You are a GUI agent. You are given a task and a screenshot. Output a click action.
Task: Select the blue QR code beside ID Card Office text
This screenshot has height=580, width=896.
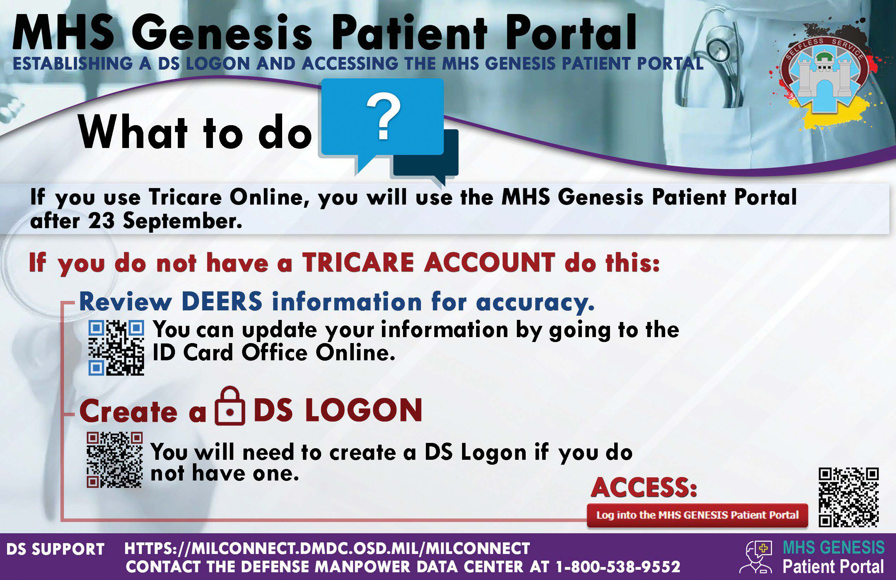pos(116,348)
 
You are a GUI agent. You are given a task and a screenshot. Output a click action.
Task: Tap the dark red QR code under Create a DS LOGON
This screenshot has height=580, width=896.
pos(115,460)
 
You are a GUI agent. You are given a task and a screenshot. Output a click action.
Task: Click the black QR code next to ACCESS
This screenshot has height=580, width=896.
pos(849,497)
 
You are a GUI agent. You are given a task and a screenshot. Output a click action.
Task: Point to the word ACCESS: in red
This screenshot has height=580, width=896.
pos(644,488)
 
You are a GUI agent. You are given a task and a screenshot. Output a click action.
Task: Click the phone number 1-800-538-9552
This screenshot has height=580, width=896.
pos(618,566)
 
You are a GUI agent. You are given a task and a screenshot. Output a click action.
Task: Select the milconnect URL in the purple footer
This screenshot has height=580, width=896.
pos(327,548)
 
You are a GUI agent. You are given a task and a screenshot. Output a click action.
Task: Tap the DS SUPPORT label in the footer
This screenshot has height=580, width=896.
pos(56,549)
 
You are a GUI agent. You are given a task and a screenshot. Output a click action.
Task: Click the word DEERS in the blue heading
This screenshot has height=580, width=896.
pos(222,301)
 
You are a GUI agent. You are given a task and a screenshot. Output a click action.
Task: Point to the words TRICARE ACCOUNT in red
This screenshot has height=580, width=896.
pos(429,263)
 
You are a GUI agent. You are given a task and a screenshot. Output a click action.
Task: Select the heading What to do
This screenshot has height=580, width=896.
pos(195,133)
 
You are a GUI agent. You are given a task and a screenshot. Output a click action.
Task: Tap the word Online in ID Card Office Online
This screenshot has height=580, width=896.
pos(355,353)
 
